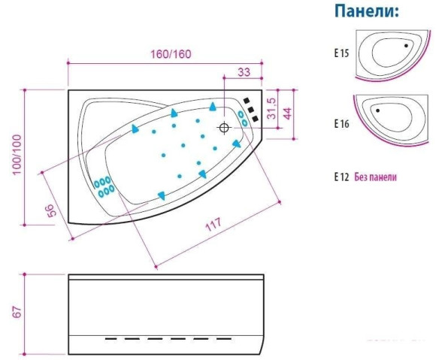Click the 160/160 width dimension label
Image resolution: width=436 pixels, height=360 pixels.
pyautogui.click(x=171, y=54)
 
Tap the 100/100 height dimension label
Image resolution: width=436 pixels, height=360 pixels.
pyautogui.click(x=17, y=155)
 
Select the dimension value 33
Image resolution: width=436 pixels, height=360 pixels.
pyautogui.click(x=244, y=72)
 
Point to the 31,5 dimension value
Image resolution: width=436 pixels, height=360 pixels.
pyautogui.click(x=271, y=108)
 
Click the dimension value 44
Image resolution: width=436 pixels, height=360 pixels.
pyautogui.click(x=287, y=113)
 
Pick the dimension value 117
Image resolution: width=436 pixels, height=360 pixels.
pyautogui.click(x=213, y=224)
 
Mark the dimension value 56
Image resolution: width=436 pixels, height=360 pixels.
pyautogui.click(x=50, y=210)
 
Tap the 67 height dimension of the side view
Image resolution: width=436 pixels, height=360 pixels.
pyautogui.click(x=17, y=312)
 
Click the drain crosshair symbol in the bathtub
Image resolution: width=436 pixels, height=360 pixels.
pyautogui.click(x=224, y=128)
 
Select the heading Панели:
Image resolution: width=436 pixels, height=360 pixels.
pyautogui.click(x=367, y=11)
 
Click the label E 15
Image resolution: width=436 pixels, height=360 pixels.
pyautogui.click(x=341, y=53)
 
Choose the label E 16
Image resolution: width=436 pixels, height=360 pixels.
pyautogui.click(x=341, y=124)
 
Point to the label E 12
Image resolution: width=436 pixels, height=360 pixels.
pyautogui.click(x=341, y=177)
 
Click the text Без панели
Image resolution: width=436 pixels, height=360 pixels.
pyautogui.click(x=375, y=177)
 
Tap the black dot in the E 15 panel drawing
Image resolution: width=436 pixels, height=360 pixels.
pyautogui.click(x=406, y=46)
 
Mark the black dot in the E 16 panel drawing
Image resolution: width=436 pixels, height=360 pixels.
pyautogui.click(x=377, y=110)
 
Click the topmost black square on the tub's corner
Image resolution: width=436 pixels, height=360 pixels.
pyautogui.click(x=246, y=101)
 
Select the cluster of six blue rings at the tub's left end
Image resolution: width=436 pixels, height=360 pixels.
pyautogui.click(x=104, y=186)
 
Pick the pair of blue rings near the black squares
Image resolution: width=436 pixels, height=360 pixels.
pyautogui.click(x=243, y=119)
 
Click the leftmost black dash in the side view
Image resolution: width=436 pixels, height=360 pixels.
pyautogui.click(x=111, y=339)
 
